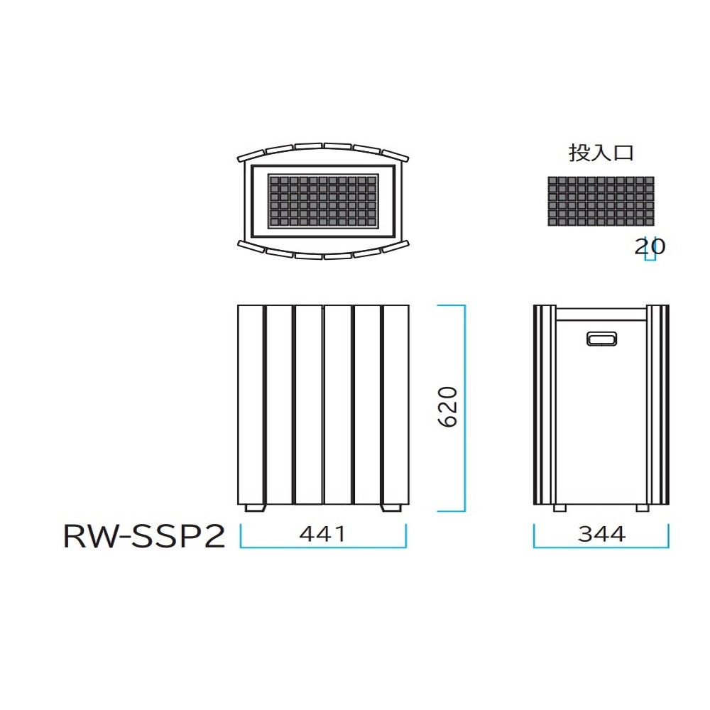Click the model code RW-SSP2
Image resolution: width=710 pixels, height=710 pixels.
point(144,536)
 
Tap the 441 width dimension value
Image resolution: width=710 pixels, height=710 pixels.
point(322,534)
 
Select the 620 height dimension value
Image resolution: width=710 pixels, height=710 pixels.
point(448,407)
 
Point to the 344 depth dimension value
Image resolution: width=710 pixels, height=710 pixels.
point(601,534)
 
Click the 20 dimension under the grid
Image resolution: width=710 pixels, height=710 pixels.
point(650,247)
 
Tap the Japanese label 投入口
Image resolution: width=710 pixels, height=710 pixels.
point(601,153)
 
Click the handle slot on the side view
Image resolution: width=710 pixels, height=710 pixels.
point(601,339)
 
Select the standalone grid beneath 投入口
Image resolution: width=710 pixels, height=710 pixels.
point(601,202)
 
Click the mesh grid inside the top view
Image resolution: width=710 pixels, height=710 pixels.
point(323,201)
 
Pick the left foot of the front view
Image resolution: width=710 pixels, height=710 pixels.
point(255,508)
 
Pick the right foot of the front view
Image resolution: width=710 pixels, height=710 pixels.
point(391,508)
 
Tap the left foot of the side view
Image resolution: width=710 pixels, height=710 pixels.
point(559,508)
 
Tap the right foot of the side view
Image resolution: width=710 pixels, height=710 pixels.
point(643,508)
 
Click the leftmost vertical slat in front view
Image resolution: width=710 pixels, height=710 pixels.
point(250,405)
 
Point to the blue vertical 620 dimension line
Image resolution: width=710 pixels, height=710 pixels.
point(464,408)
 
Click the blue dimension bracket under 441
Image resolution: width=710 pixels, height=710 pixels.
point(323,547)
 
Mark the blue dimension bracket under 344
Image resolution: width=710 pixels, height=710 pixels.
point(601,547)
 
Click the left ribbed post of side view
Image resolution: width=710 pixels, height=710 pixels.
point(545,405)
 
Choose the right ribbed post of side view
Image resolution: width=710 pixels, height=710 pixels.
point(658,405)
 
